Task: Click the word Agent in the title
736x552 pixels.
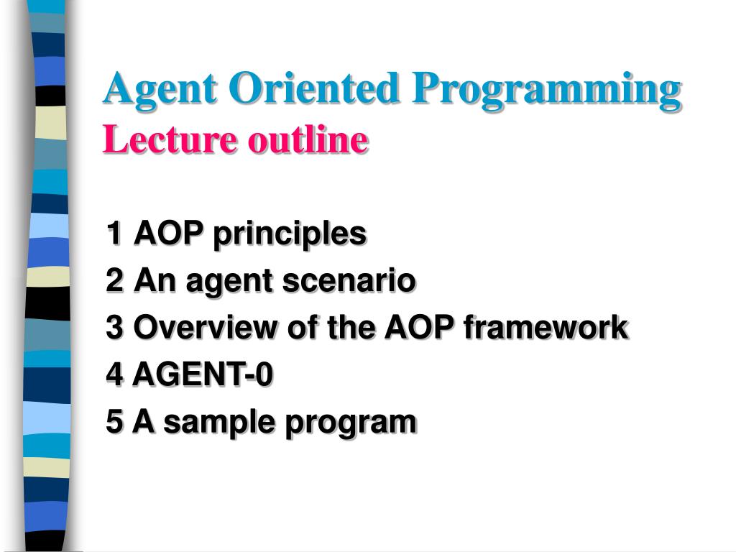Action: coord(160,89)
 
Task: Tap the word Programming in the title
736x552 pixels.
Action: coord(546,91)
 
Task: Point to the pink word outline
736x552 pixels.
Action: coord(308,139)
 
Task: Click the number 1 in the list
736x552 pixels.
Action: coord(114,232)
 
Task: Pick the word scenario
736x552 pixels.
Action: coord(349,281)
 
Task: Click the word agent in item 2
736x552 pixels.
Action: coord(229,282)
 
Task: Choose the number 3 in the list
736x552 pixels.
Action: coord(114,327)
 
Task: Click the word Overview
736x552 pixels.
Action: coord(205,327)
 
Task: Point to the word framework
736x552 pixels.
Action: coord(546,327)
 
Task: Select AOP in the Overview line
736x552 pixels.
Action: coord(419,327)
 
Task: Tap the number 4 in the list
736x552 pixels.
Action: coord(115,374)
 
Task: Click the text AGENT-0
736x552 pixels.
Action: coord(202,374)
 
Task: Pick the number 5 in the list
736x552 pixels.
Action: coord(114,421)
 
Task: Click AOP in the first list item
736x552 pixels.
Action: coord(168,232)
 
